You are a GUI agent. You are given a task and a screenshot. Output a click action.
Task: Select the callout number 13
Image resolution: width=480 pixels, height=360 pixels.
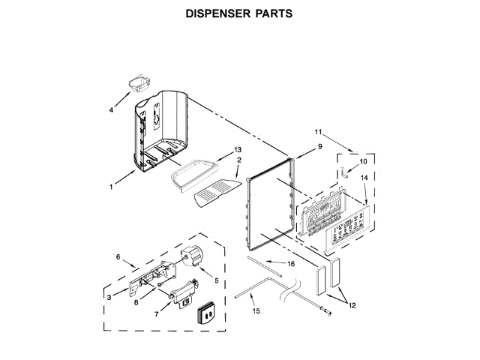point(238,150)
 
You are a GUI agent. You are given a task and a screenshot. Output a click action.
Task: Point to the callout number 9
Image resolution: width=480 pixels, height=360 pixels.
point(319,148)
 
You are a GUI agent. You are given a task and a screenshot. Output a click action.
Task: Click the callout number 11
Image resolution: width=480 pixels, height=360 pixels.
point(318,133)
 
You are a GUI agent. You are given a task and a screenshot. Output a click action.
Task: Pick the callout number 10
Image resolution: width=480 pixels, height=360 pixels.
point(363,160)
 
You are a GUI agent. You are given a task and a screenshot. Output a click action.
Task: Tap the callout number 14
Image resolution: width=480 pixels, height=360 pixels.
point(364,178)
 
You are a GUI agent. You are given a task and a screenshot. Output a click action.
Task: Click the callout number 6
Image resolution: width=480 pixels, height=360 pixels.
point(118,257)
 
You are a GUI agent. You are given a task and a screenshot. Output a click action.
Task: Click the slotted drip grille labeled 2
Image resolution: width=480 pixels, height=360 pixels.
point(215,194)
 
